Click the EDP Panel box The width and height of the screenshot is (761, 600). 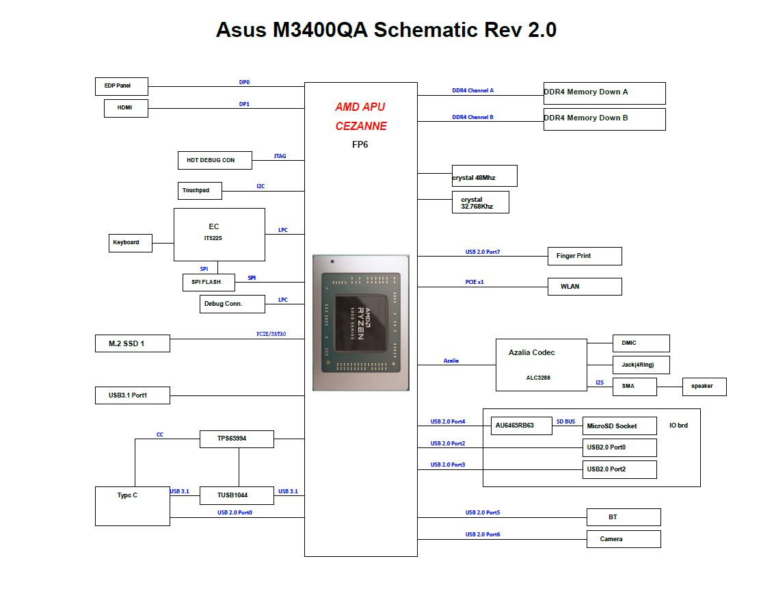pos(121,86)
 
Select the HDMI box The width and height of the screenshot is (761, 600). pos(126,108)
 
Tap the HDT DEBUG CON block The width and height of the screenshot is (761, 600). pos(215,160)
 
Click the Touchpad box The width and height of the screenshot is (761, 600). pos(200,191)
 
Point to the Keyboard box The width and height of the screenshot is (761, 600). pos(130,243)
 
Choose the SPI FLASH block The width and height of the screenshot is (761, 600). pos(209,283)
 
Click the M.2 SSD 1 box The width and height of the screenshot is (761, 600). pos(133,343)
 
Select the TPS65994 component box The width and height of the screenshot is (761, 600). pos(237,439)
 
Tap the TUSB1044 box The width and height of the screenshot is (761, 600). pos(237,495)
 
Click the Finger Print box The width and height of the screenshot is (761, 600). pos(585,257)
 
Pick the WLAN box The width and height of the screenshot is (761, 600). pos(585,287)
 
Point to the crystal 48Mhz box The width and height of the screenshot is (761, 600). pos(484,176)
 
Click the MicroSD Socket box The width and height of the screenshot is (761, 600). pos(619,426)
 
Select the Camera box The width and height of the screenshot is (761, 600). pos(624,539)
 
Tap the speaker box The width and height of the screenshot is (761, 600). pos(704,387)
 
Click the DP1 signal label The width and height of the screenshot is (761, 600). pos(244,105)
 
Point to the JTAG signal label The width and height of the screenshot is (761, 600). pos(280,156)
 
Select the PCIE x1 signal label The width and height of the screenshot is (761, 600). pos(475,282)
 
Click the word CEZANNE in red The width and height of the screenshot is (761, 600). pos(361,126)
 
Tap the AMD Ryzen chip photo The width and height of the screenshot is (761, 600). pos(361,323)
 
